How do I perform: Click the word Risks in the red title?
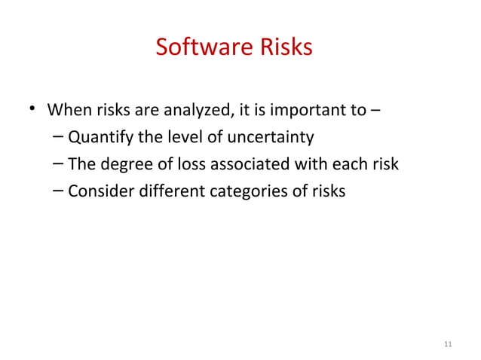281,47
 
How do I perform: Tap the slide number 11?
449,345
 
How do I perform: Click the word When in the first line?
69,113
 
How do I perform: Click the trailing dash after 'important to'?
375,113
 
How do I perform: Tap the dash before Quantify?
60,138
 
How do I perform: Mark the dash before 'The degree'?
60,164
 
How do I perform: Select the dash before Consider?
60,191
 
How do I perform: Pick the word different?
160,191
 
